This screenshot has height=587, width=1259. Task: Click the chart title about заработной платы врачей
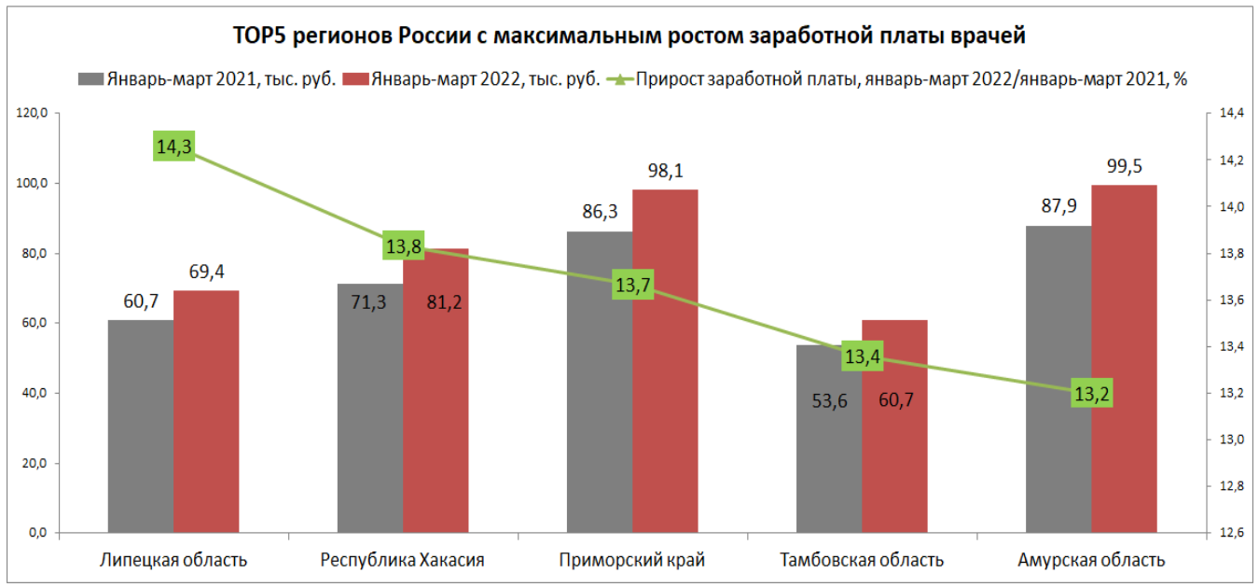click(629, 36)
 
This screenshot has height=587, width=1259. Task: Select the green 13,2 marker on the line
click(1091, 394)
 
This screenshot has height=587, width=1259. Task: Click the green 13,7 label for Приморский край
click(632, 286)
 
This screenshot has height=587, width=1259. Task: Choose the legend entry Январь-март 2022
click(471, 79)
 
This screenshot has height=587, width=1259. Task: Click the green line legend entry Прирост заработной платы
click(895, 79)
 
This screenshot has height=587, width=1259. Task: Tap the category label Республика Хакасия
click(402, 561)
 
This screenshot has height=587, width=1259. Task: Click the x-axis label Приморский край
click(632, 561)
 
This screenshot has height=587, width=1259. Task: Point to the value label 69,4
click(206, 272)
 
